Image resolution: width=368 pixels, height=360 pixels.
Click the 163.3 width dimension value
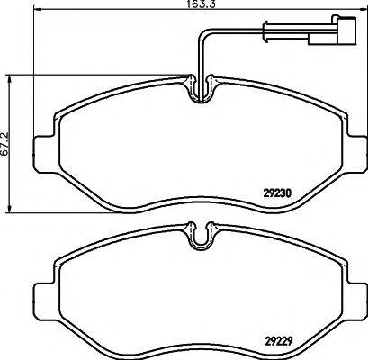click(184, 4)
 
